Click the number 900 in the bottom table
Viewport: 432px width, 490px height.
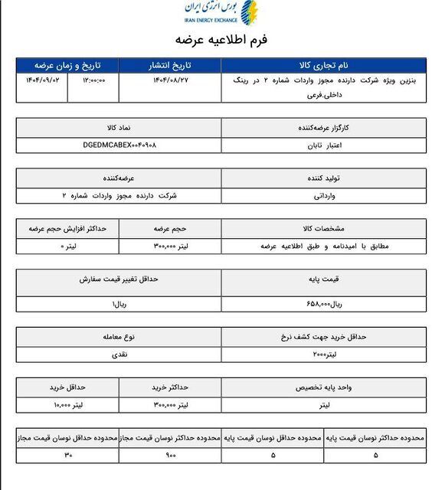point(169,456)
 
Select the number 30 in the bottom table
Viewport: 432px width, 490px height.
point(67,456)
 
